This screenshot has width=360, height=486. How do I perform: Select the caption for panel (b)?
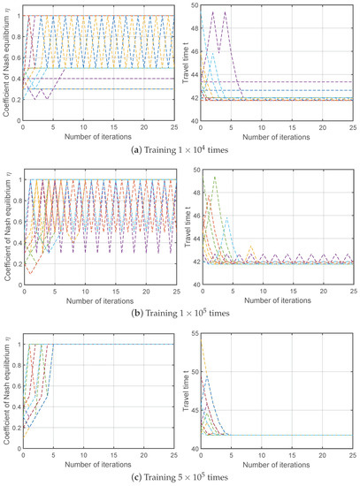[x=180, y=311]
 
